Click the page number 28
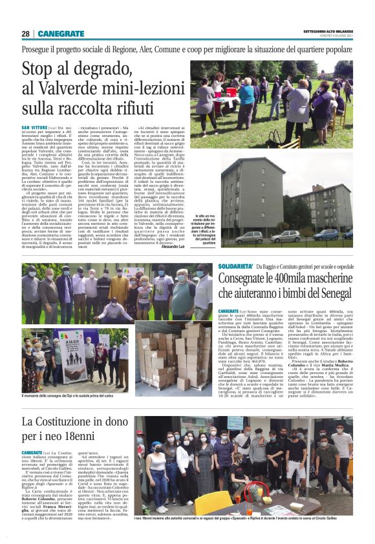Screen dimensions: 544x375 click(25, 34)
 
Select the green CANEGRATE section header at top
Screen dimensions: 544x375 click(61, 34)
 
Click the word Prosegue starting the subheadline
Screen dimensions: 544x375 click(38, 49)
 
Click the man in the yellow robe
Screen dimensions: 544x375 click(120, 294)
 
